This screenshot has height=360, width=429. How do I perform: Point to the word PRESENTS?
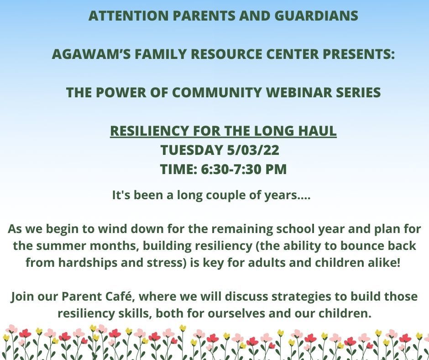[359, 54]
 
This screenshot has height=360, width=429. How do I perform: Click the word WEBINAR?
[298, 92]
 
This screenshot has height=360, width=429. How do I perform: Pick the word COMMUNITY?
[217, 92]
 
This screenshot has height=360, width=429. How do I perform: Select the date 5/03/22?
[253, 150]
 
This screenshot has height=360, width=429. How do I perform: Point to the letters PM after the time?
[276, 169]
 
